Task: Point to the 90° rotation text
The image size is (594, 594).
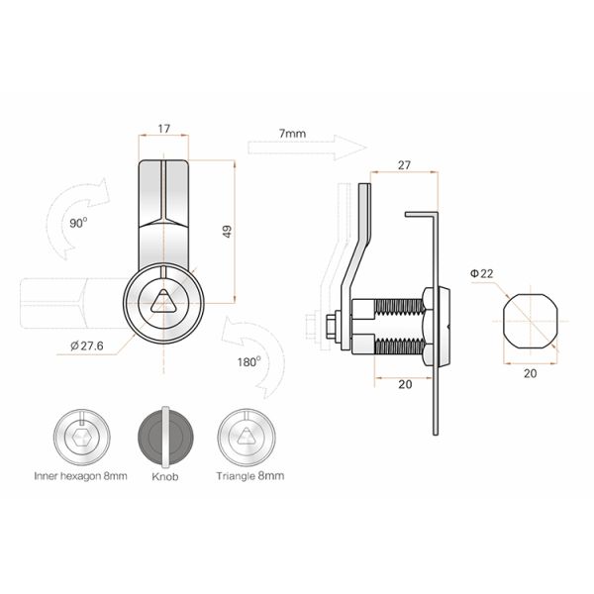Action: coord(78,223)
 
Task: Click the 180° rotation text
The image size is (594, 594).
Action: coord(248,361)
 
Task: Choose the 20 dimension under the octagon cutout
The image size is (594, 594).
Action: coord(529,374)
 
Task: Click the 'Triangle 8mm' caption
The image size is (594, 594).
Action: coord(249,476)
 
